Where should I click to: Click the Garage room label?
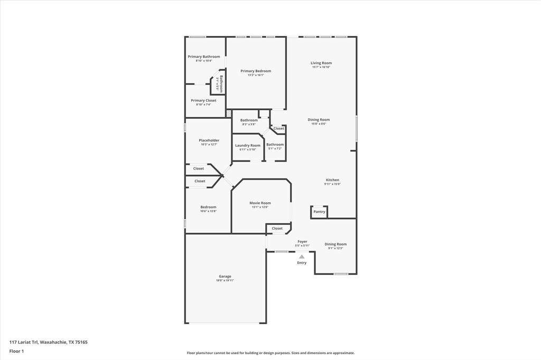point(225,276)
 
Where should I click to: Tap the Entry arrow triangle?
point(302,257)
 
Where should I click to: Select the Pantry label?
point(319,212)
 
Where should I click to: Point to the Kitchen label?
point(332,180)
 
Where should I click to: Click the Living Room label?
point(321,63)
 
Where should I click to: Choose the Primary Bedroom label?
point(256,71)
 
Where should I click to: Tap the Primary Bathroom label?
point(204,56)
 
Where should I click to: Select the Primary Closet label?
point(203,100)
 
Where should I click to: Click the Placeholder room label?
point(209,140)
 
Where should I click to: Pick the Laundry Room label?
point(248,145)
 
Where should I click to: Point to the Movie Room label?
point(260,203)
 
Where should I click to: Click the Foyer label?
point(302,241)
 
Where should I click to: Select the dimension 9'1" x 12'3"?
point(335,248)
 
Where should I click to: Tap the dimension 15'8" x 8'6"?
point(319,124)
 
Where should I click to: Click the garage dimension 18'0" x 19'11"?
point(225,280)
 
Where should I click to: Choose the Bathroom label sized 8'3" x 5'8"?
point(249,120)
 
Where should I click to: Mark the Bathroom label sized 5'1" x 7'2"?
point(275,144)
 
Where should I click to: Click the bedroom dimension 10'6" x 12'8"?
point(208,211)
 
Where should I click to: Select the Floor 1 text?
point(16,350)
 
